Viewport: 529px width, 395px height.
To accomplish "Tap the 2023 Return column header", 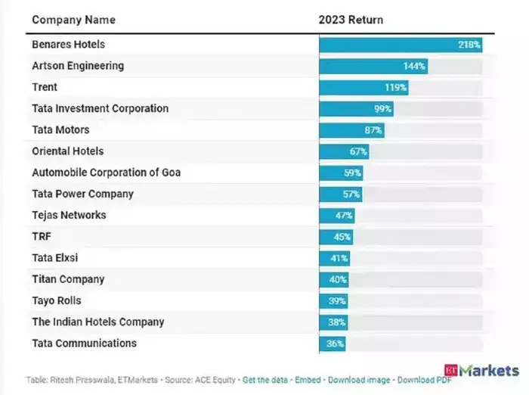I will (x=351, y=20).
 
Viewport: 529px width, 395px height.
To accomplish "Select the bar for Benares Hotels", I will (x=401, y=45).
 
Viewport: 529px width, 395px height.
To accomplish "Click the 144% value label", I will (x=414, y=66).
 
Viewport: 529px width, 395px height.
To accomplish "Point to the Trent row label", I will (x=45, y=87).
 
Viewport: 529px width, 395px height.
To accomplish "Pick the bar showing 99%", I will (x=356, y=109).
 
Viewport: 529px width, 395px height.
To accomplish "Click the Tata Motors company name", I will (x=60, y=130).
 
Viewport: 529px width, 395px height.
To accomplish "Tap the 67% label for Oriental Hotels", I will (x=358, y=151).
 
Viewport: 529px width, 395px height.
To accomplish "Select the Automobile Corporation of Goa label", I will (x=106, y=173).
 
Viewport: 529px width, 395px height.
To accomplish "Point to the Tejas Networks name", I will (x=69, y=215).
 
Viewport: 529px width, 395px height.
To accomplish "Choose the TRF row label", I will (x=42, y=237).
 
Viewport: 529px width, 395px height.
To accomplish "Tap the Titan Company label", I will (x=67, y=279).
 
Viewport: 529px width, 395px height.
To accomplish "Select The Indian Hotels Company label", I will (x=97, y=322).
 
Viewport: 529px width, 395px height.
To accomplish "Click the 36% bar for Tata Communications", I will (x=333, y=344).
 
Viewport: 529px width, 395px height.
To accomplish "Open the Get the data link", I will (x=264, y=379).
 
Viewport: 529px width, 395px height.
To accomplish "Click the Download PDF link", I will (x=425, y=379).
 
